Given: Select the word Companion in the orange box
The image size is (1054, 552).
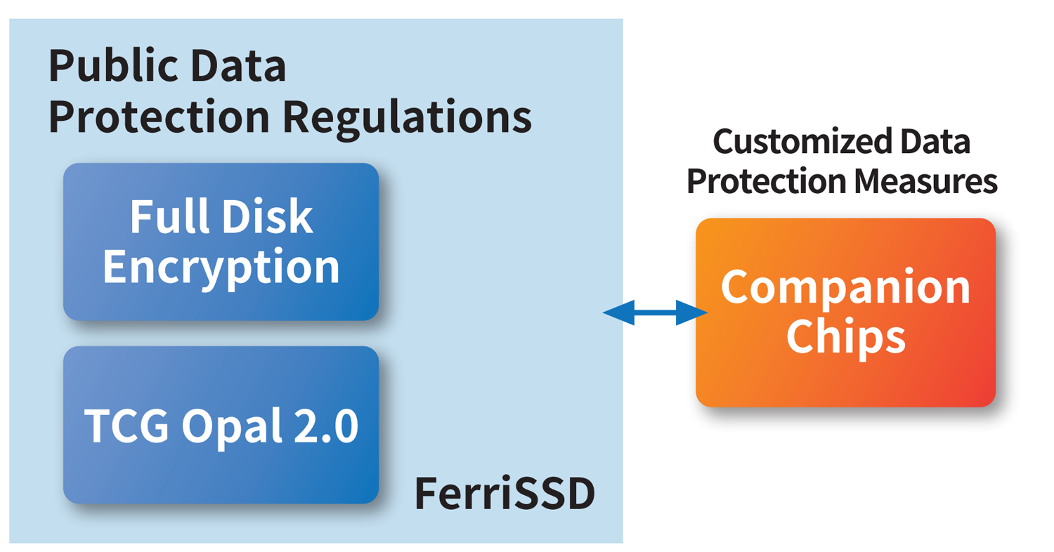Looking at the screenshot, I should click(846, 288).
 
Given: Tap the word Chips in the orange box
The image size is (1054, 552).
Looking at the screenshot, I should click(845, 339).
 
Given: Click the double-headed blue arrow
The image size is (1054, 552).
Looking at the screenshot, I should click(654, 312).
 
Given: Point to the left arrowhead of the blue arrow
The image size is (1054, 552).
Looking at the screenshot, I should click(617, 312).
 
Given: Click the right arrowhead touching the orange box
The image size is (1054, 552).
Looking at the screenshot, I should click(692, 312).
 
